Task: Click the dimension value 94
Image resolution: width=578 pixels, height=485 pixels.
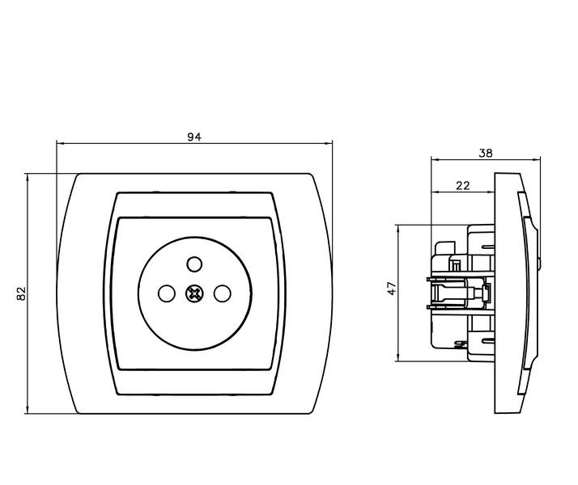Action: (x=194, y=137)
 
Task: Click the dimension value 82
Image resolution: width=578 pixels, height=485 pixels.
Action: (x=21, y=293)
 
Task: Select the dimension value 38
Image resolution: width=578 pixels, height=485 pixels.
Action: (x=486, y=153)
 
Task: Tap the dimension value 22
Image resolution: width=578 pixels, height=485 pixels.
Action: (x=462, y=185)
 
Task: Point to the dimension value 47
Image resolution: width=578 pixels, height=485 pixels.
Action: (x=392, y=288)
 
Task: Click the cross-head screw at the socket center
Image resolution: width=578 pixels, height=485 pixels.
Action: (x=194, y=293)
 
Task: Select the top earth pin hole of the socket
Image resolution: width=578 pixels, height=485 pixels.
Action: (x=194, y=264)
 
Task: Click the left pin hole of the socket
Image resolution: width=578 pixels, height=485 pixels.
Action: (x=166, y=293)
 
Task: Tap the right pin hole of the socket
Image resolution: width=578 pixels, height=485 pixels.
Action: (x=223, y=293)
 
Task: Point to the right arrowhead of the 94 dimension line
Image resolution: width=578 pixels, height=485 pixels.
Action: (x=329, y=143)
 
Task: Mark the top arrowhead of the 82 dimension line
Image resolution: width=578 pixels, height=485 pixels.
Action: (x=28, y=178)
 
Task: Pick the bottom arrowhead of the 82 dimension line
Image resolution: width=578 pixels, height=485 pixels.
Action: (x=28, y=409)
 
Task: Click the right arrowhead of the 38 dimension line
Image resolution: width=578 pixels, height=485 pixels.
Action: (x=536, y=159)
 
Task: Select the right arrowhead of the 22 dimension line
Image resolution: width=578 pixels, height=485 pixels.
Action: (x=491, y=192)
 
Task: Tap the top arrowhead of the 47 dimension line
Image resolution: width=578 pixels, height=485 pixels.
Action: (x=398, y=230)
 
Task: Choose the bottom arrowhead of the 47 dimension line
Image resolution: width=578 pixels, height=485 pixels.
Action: (x=398, y=357)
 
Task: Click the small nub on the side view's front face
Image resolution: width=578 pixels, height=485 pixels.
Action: (x=539, y=264)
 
